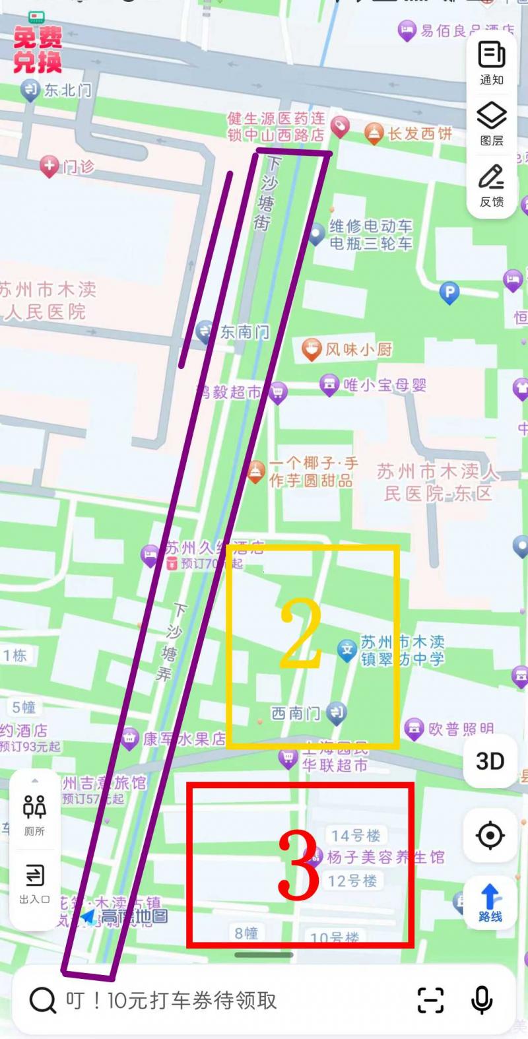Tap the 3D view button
(x=490, y=761)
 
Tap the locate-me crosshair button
(x=490, y=836)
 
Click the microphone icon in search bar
(x=482, y=1000)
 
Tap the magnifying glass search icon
(x=43, y=1000)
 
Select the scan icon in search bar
(x=430, y=1000)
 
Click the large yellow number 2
(x=301, y=635)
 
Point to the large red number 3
(x=298, y=864)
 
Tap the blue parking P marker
(x=449, y=292)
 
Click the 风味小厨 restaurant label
(x=358, y=349)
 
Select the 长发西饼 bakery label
(x=420, y=134)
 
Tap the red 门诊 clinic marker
(x=50, y=166)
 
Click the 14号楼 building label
(x=356, y=836)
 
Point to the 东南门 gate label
(x=244, y=331)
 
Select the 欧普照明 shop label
(x=461, y=729)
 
